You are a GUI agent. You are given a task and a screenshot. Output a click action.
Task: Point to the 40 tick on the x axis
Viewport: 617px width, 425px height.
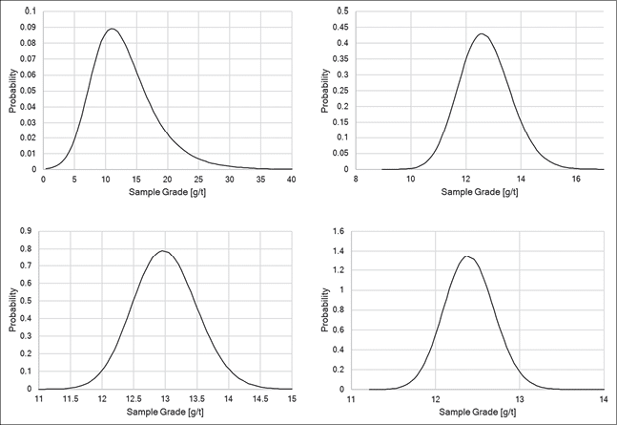point(291,180)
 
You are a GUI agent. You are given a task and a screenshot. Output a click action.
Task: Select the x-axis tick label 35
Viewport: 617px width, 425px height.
point(260,180)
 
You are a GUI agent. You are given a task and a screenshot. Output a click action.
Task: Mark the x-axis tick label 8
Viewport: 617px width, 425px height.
point(356,180)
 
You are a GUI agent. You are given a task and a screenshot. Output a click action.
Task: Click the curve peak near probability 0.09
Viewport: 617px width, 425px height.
point(113,29)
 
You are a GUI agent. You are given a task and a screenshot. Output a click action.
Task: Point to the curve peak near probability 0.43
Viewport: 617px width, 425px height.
point(482,34)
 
